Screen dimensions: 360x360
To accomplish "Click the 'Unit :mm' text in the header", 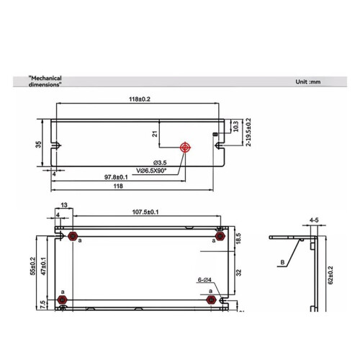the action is [308, 82].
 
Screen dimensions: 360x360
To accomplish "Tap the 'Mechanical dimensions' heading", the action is [45, 81].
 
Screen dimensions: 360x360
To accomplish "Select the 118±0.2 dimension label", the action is [140, 99].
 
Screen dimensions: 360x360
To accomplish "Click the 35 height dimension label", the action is [38, 145].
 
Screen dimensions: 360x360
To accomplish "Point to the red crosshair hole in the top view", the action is [185, 148].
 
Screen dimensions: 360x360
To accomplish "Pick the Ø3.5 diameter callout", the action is [160, 163].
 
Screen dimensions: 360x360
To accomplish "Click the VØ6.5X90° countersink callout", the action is [151, 171].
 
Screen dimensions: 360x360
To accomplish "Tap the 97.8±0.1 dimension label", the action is [116, 177].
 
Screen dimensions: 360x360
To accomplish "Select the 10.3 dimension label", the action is [236, 126].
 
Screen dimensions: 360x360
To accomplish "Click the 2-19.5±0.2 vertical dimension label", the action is [248, 132].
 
